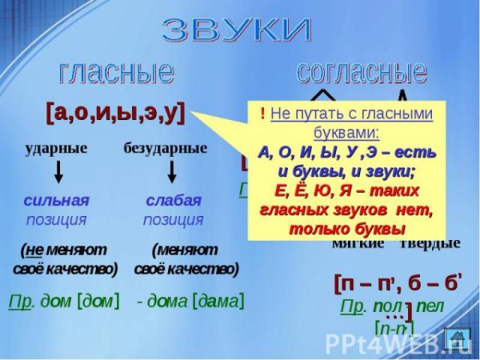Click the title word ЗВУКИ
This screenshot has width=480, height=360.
[x=237, y=30]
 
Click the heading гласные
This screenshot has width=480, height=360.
[x=116, y=73]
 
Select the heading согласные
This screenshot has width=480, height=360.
[x=362, y=72]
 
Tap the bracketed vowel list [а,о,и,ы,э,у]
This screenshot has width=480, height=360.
[x=115, y=112]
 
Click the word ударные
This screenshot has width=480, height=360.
[x=56, y=149]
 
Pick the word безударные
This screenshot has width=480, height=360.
[x=166, y=149]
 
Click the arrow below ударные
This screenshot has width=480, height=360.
[x=58, y=173]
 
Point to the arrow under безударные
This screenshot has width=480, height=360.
[x=171, y=173]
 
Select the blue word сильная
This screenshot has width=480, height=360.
[x=56, y=200]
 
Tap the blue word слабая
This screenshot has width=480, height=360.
[x=174, y=200]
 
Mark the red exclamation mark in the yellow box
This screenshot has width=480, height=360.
[x=263, y=114]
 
